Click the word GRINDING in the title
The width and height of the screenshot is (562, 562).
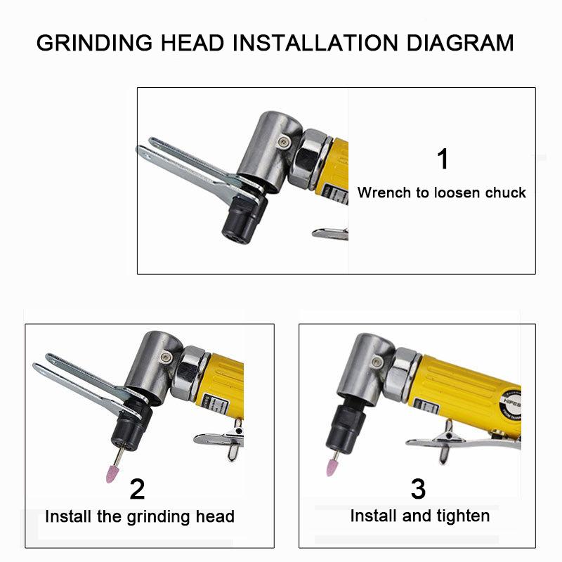(x=96, y=43)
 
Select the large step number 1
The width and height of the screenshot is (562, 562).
(x=443, y=159)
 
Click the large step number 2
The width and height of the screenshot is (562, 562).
(x=138, y=488)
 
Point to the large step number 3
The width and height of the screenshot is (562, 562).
(x=419, y=488)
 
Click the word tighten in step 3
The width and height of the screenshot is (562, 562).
(x=463, y=516)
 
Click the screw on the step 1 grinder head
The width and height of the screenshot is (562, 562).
(x=282, y=141)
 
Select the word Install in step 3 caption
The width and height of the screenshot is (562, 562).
(x=374, y=516)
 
